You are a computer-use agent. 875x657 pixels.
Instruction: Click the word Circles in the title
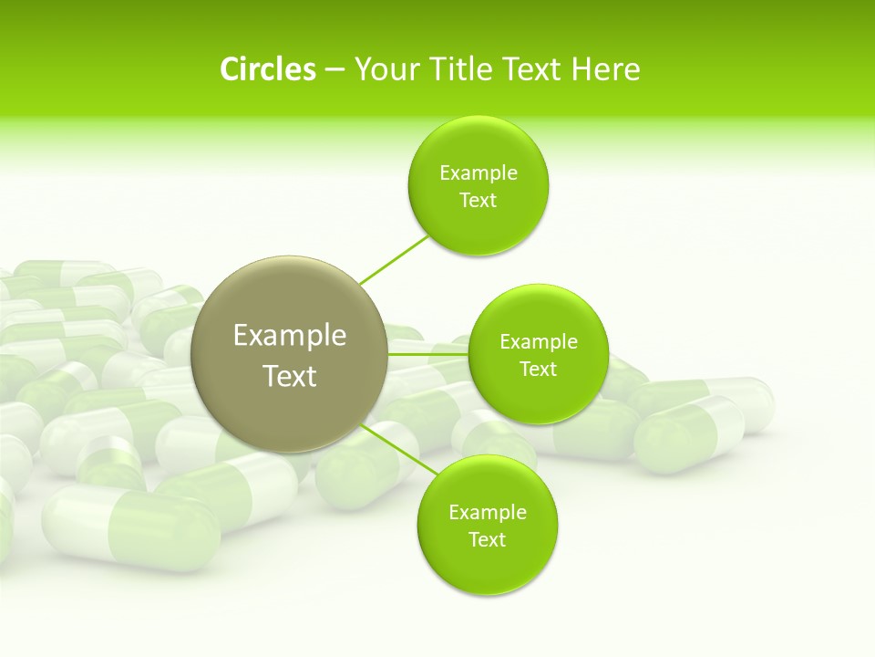click(267, 69)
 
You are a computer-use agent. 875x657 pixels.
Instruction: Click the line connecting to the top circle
click(395, 259)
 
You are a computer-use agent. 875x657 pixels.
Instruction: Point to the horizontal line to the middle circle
click(428, 354)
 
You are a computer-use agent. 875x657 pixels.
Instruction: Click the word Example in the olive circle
click(290, 336)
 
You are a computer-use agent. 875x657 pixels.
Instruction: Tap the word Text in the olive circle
click(290, 376)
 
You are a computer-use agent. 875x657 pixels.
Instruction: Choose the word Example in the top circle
click(479, 173)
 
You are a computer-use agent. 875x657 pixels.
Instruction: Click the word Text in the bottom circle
click(488, 539)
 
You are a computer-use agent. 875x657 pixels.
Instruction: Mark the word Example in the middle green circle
click(539, 342)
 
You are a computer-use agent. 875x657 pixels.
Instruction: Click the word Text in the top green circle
click(479, 201)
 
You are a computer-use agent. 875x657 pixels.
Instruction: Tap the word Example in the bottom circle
click(488, 512)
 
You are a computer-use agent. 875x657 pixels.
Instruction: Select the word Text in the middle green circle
click(539, 370)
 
